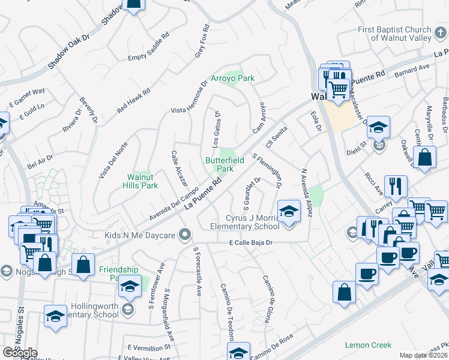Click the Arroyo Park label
pos(232,78)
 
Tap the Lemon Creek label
pos(368,345)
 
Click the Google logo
pos(20,353)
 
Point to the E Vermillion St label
pos(149,347)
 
